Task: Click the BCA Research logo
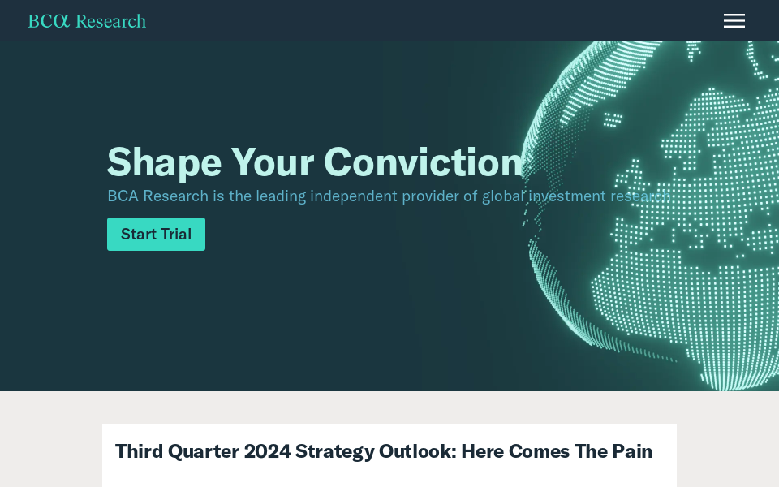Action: [87, 21]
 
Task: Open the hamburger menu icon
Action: [734, 21]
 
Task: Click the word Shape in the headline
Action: [164, 163]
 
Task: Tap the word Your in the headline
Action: [273, 162]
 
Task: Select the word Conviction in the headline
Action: [424, 162]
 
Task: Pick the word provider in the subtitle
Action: [430, 196]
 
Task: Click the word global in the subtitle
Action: [503, 196]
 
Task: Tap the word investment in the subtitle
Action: [567, 196]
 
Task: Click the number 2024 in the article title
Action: [267, 452]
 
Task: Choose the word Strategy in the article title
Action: [334, 452]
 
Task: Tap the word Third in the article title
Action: [139, 452]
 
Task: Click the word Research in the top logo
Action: [111, 21]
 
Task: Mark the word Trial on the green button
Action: [176, 234]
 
